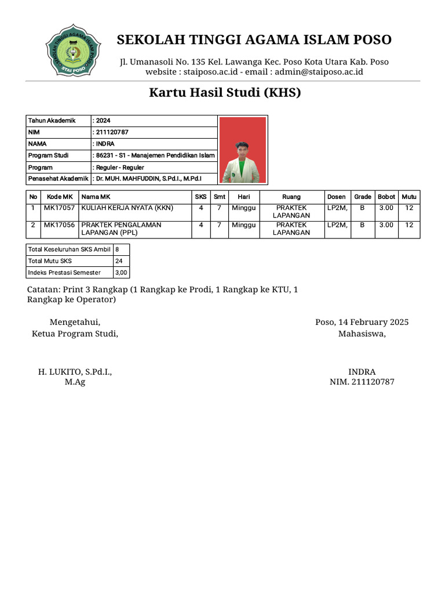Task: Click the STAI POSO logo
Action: click(x=74, y=50)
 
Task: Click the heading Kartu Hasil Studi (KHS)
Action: click(x=225, y=93)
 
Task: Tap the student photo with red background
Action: click(x=243, y=150)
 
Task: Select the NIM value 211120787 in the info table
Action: click(x=112, y=132)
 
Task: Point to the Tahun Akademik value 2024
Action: click(x=103, y=121)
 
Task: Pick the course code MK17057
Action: click(x=60, y=208)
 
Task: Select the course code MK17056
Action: click(x=60, y=224)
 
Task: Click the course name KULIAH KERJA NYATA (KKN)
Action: click(x=127, y=208)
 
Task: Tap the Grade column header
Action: click(x=363, y=197)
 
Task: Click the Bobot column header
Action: click(x=386, y=197)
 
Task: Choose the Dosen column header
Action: click(x=336, y=197)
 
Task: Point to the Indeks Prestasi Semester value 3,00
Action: click(x=121, y=273)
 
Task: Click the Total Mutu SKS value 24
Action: click(x=119, y=261)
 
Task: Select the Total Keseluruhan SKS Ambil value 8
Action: click(x=117, y=249)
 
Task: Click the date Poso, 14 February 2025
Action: click(x=362, y=322)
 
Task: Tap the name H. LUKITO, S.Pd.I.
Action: click(x=75, y=372)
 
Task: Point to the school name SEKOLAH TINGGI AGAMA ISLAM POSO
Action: click(x=254, y=39)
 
